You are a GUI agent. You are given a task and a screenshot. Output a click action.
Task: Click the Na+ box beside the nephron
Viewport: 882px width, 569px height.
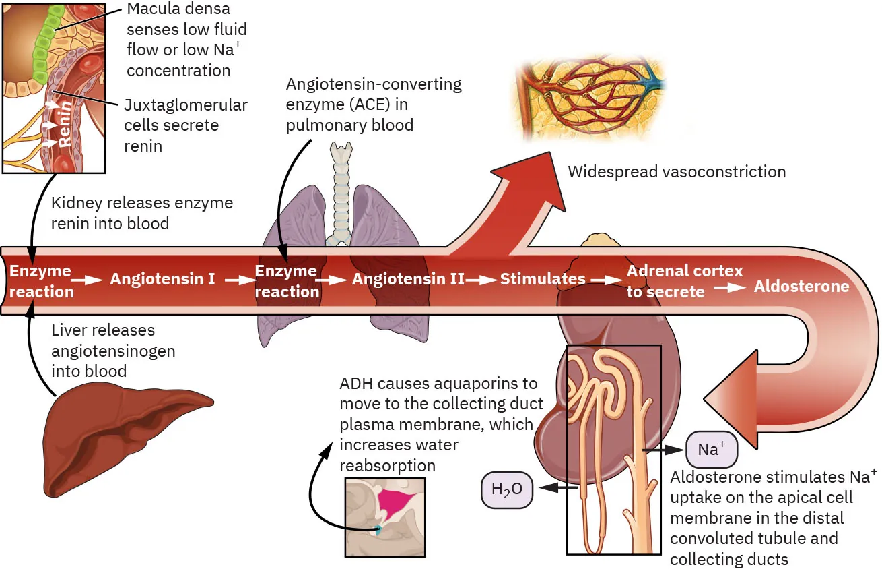click(711, 449)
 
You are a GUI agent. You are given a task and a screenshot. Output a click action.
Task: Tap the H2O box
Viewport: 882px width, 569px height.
click(506, 489)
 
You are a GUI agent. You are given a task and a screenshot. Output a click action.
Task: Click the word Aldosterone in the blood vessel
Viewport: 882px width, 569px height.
click(801, 287)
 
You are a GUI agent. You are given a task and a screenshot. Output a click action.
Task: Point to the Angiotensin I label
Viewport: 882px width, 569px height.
click(163, 278)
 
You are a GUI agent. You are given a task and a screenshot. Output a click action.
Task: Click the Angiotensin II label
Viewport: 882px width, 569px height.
click(408, 278)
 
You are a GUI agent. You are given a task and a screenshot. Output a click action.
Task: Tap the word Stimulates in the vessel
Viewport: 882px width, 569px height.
click(543, 278)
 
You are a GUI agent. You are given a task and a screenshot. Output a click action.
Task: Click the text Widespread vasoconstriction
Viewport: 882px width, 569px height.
click(676, 172)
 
